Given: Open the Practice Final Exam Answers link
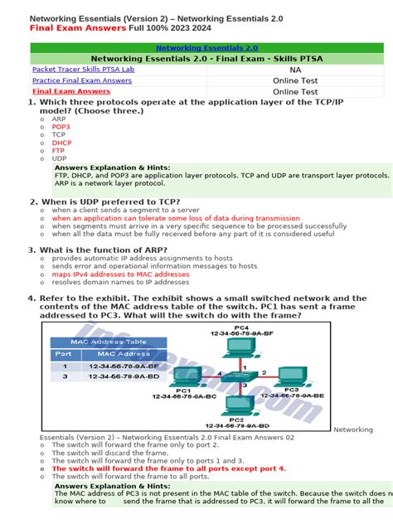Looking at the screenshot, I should (81, 80).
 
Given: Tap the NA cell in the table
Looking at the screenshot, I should (295, 70).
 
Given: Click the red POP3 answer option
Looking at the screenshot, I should (61, 126).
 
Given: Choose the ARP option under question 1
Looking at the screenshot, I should (58, 119).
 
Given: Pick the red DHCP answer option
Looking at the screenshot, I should (61, 142).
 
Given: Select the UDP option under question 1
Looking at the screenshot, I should (59, 158).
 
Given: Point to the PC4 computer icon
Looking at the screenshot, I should (240, 349).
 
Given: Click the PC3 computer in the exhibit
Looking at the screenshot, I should (291, 377).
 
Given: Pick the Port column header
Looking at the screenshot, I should (63, 354).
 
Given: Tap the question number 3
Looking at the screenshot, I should (32, 250).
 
